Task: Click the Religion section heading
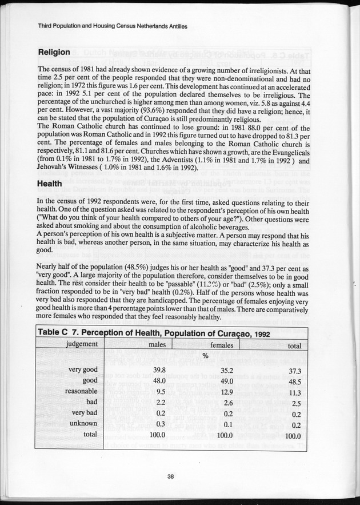click(54, 53)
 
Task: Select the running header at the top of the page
click(113, 26)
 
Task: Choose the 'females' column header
click(225, 345)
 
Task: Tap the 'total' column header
click(294, 345)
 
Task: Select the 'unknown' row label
click(82, 423)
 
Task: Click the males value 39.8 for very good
click(159, 370)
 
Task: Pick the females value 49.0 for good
click(228, 381)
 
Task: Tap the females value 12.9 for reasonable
click(228, 392)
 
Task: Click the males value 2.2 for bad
click(161, 402)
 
